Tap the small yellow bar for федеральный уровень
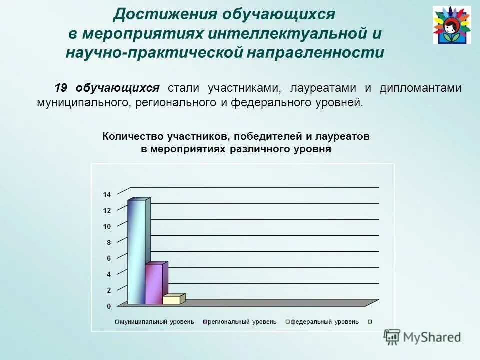click(x=171, y=299)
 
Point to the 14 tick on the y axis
click(x=107, y=195)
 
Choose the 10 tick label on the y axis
click(x=107, y=226)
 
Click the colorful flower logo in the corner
click(x=451, y=25)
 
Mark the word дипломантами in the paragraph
click(x=420, y=88)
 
